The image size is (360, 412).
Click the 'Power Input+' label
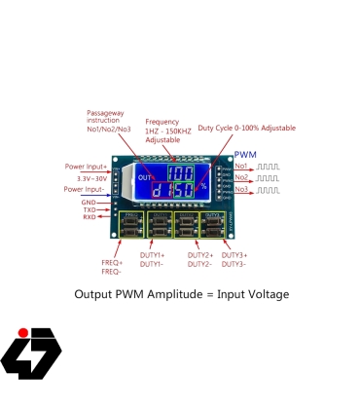tap(87, 167)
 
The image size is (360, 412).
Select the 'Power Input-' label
tap(86, 189)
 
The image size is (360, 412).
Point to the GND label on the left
tap(89, 202)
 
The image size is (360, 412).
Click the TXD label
tap(89, 209)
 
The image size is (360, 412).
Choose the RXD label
tap(89, 217)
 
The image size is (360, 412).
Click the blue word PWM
tap(246, 155)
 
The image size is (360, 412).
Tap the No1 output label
tap(241, 167)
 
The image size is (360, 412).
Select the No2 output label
tap(241, 177)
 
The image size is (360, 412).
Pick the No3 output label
tap(241, 189)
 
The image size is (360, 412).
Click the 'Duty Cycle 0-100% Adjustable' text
tap(246, 128)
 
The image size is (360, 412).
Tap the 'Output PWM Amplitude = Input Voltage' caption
tap(182, 293)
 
